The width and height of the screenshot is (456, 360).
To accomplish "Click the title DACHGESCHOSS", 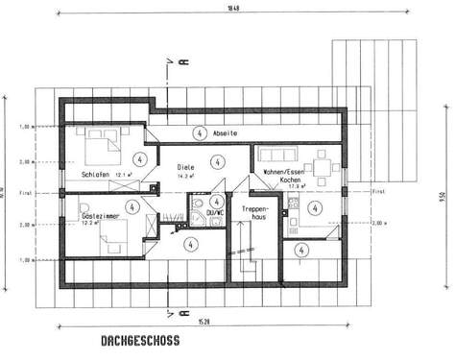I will (139, 340).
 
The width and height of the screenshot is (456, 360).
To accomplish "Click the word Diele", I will (185, 168).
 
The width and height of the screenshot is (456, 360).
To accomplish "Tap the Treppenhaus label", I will (254, 213).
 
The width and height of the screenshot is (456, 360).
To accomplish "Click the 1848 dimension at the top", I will (231, 8).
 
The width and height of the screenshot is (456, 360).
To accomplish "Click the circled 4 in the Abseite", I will (199, 132).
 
